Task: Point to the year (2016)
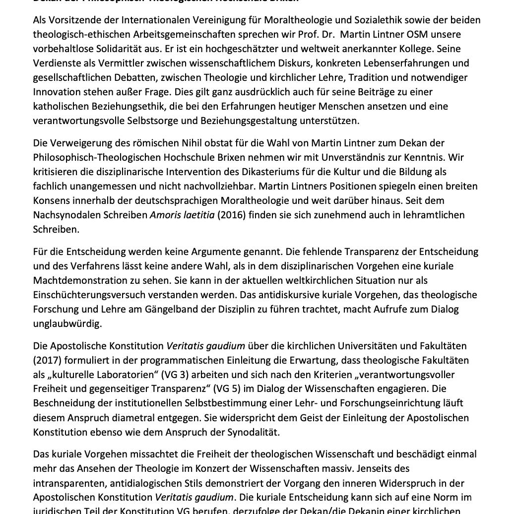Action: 231,215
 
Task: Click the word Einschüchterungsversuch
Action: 93,295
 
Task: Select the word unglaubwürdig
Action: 67,323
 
